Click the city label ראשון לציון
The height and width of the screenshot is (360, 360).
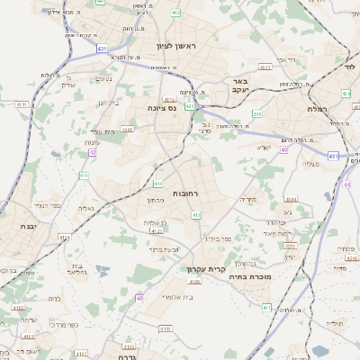tap(175, 45)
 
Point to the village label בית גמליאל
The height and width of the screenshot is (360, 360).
tap(78, 269)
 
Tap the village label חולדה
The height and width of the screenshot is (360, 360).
tap(334, 321)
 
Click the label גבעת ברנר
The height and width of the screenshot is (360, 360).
tap(165, 249)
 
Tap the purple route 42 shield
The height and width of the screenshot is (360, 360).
tap(92, 153)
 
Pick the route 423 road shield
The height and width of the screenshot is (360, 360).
tap(190, 106)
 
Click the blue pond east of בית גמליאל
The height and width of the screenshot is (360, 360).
tap(101, 269)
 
